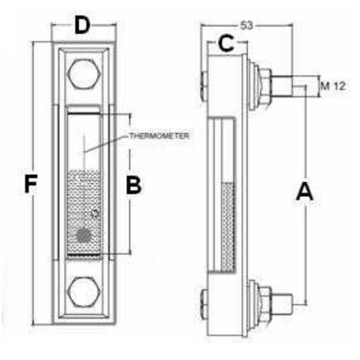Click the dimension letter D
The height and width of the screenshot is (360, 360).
82,25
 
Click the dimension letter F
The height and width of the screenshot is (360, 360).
31,183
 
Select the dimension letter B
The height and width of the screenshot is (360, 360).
134,185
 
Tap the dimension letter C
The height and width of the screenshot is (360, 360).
226,43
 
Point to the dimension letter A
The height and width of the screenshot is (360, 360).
304,191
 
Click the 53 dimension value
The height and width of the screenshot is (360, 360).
247,26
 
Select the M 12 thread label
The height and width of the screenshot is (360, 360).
333,86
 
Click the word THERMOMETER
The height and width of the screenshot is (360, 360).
159,135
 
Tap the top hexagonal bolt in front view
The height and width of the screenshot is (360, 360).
84,74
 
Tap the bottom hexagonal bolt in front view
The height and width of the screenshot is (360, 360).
84,293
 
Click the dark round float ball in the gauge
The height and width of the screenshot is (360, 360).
84,235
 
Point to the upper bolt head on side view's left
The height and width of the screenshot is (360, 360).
204,87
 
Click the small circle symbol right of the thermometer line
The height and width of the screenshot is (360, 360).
95,214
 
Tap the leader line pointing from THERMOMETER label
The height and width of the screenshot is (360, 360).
106,143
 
